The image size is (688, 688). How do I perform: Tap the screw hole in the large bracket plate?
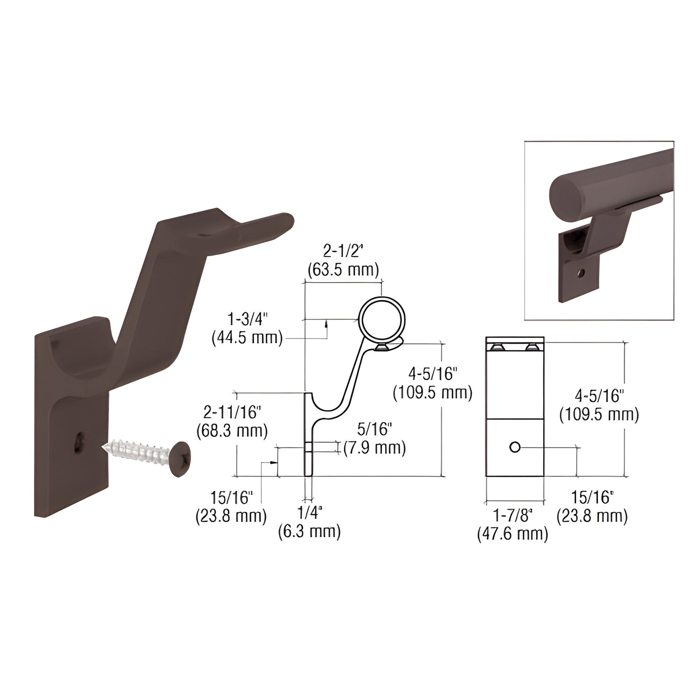pos(80,442)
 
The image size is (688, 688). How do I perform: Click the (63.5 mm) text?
pos(343,270)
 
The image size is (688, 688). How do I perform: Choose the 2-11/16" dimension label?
pos(232,412)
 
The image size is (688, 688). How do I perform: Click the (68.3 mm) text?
pos(232,431)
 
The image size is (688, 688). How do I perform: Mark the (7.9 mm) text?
pos(375,448)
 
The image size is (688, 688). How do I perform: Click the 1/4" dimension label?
pos(310,513)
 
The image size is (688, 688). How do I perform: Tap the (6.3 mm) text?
pos(309,531)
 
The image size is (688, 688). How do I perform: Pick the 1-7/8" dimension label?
pos(513,515)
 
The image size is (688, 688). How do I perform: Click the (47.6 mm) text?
pos(513,534)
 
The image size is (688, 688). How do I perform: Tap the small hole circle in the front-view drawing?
pos(514,447)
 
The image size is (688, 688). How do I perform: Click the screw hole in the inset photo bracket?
pos(580,273)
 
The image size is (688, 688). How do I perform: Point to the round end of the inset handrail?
pos(567,196)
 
